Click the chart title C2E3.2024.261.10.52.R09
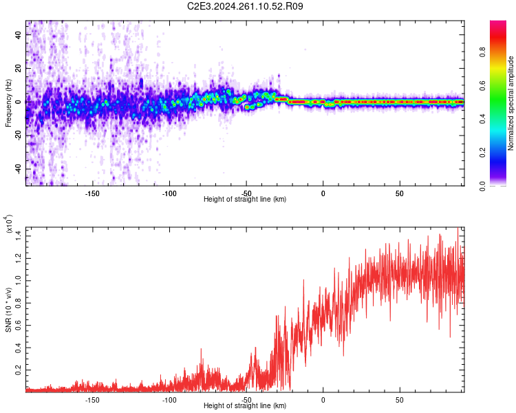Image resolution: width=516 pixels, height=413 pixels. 246,6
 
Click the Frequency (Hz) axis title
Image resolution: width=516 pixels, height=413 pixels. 8,102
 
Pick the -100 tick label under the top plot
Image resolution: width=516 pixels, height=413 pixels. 169,193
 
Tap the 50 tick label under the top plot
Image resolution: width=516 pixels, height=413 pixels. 400,193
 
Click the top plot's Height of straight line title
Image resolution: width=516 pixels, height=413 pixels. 245,200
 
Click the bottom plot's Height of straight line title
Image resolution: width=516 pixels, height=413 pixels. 245,406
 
